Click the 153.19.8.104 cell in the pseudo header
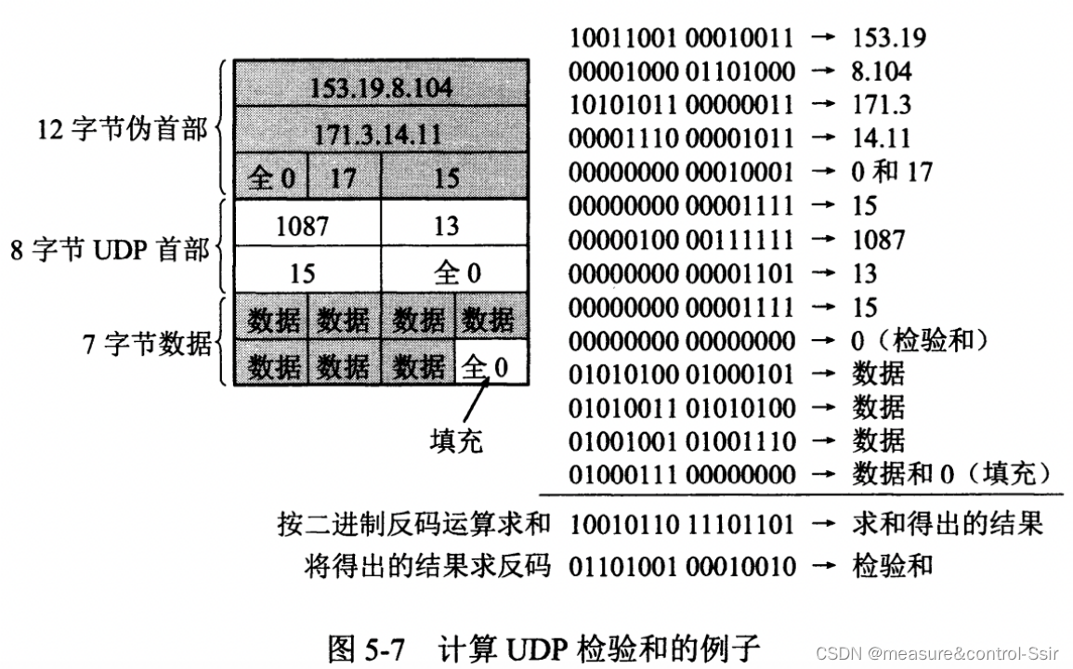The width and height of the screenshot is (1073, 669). tap(381, 87)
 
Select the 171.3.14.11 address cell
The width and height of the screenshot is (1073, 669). tap(381, 133)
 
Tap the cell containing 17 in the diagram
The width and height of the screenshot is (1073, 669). tap(343, 177)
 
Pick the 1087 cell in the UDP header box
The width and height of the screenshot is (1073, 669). tap(303, 226)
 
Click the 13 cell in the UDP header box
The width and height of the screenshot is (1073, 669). tap(447, 226)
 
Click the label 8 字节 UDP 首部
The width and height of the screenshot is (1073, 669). tap(110, 250)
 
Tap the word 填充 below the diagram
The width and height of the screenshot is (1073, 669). tap(455, 439)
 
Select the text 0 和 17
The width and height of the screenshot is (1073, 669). tap(892, 172)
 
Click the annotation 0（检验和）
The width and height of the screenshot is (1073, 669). tap(919, 340)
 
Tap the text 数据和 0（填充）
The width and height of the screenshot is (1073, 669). tap(951, 474)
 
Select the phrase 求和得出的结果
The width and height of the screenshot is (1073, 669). tap(947, 524)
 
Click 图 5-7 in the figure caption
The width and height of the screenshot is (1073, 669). tap(366, 647)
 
